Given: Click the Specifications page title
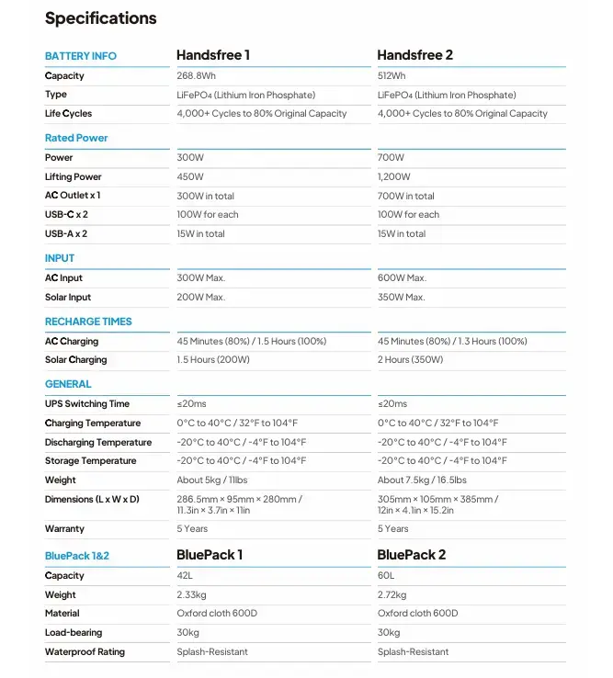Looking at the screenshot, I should point(101,18).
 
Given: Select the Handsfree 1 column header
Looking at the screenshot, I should point(213,55).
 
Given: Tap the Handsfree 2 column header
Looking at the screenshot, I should point(414,55).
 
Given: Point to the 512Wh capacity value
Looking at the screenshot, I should point(392,76).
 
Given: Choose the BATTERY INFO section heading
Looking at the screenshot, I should point(81,56).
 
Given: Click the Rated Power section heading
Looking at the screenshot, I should point(76,138).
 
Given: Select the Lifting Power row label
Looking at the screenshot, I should point(74,176).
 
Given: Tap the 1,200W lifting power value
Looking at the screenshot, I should point(394,176).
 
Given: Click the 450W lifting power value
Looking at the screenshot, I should point(190,176).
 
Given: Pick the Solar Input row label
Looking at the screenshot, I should point(68,298).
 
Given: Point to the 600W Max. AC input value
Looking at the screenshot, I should point(402,278).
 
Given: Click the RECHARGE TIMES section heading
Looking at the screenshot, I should point(88,322).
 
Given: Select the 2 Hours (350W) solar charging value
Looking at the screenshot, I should point(410,360).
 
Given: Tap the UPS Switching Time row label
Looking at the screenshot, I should point(87,404).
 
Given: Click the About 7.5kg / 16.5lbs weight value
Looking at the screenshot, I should point(422,480).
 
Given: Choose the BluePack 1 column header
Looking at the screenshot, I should point(210,555).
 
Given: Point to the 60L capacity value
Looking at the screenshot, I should point(386,576).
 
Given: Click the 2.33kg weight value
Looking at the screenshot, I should point(193,594).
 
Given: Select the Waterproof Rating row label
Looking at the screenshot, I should point(85,652).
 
